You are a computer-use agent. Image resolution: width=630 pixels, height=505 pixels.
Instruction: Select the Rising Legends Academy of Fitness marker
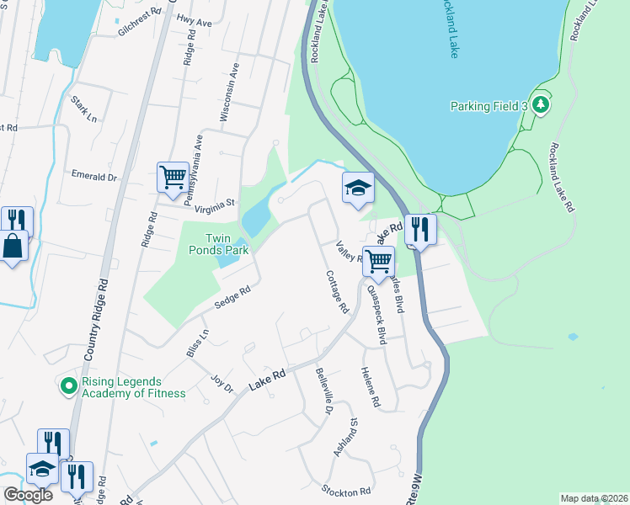(68, 386)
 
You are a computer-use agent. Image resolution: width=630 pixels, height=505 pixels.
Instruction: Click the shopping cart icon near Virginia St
(173, 178)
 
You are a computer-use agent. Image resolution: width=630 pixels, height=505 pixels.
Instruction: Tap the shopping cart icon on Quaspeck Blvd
(378, 261)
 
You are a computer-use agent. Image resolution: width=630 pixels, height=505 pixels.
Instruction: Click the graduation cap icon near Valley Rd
(358, 187)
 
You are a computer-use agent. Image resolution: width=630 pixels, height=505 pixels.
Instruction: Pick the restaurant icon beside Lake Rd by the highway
(420, 228)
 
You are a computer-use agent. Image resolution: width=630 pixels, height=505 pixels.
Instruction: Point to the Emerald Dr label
(93, 177)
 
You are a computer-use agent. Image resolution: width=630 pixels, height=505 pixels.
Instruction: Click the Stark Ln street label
(84, 110)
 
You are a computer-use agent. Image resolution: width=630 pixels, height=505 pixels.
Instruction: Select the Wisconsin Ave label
(225, 97)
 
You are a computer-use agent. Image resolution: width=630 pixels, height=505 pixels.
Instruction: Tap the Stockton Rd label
(345, 491)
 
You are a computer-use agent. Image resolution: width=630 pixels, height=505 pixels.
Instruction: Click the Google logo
(28, 494)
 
